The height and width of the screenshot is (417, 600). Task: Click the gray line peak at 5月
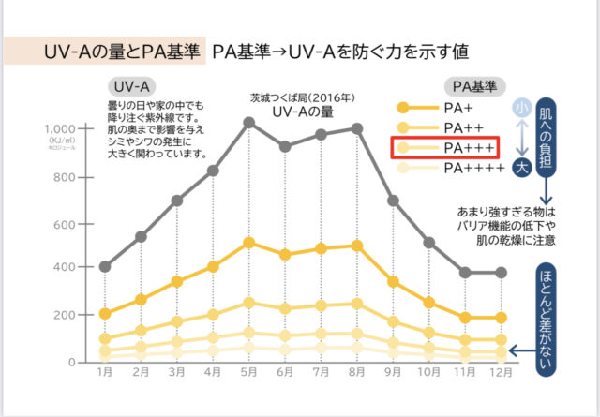(249, 122)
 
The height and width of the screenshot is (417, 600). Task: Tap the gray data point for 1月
(105, 267)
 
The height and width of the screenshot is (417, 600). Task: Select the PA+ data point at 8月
(357, 246)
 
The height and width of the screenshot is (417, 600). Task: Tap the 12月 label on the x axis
(501, 372)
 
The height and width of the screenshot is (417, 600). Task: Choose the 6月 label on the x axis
(285, 372)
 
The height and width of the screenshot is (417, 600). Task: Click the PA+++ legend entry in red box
(446, 148)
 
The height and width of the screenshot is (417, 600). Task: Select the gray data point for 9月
(393, 201)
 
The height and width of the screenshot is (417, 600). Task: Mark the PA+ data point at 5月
(249, 243)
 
